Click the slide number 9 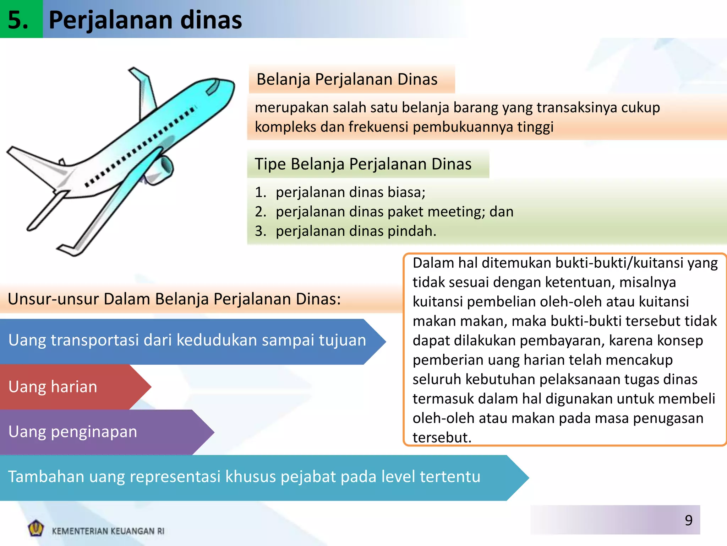(688, 520)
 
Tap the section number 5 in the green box (18, 20)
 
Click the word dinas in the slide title (211, 20)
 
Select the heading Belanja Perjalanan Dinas (347, 79)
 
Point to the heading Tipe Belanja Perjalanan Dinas (363, 164)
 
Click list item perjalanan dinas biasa (350, 192)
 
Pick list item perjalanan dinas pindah (356, 231)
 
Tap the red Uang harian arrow (71, 387)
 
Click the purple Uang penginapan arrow (99, 432)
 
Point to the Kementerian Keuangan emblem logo (36, 528)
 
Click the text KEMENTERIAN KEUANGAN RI (108, 531)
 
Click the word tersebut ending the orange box (442, 438)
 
